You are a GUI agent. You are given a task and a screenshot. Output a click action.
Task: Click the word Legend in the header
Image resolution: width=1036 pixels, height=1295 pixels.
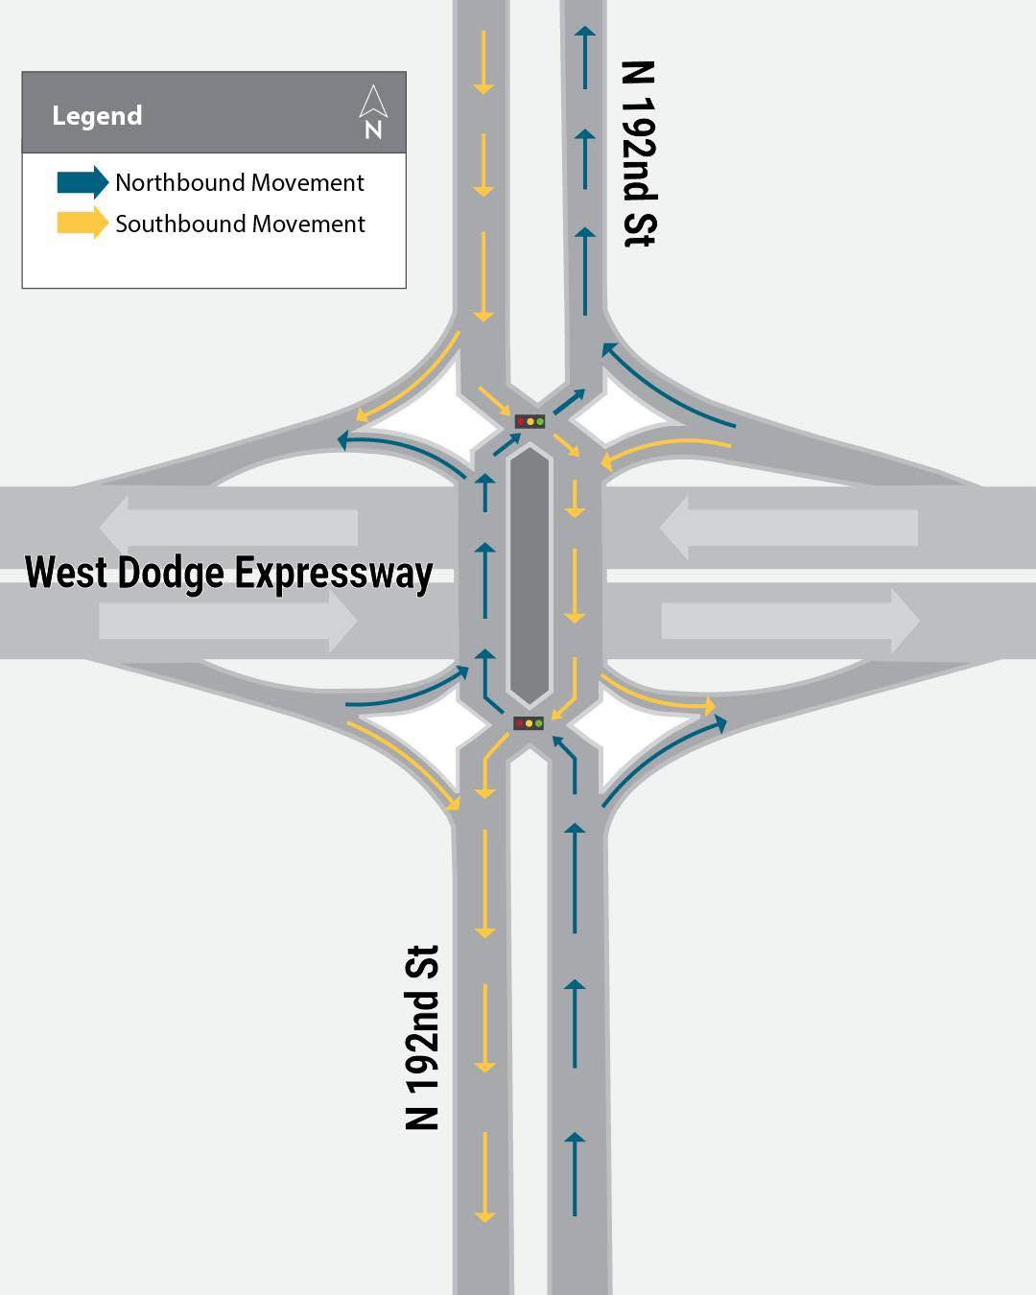97,115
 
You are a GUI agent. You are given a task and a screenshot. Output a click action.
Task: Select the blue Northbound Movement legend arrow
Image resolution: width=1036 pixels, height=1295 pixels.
82,182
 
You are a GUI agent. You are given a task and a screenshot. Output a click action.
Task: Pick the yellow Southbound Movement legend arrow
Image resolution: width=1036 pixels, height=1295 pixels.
82,223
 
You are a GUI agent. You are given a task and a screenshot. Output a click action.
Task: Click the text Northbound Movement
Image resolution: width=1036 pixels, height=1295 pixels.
240,182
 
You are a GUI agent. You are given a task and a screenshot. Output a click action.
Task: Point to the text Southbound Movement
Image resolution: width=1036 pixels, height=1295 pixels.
240,224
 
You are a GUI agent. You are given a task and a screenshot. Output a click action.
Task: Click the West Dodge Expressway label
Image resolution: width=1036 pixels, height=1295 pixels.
228,574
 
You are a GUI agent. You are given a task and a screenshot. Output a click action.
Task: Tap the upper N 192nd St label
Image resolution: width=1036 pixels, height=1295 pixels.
639,154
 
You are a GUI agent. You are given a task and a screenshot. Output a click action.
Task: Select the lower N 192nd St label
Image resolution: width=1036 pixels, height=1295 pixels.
421,1038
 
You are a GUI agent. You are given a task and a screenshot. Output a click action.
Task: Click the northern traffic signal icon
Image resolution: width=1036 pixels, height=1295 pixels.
530,421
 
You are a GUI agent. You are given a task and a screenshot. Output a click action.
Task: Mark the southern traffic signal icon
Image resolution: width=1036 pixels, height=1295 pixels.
529,722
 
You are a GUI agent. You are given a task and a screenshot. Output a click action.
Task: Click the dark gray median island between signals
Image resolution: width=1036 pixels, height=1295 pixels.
530,575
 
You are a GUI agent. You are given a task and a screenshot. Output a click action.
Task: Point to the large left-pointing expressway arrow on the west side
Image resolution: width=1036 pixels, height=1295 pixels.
228,528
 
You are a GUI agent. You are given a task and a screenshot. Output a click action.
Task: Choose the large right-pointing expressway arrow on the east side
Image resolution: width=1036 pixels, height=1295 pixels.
790,621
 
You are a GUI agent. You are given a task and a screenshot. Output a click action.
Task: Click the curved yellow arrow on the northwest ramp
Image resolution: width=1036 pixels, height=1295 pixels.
415,385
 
